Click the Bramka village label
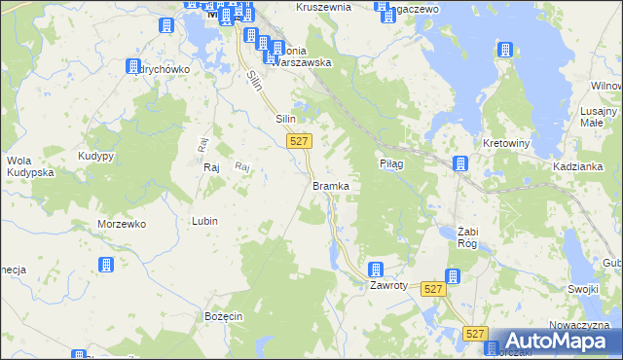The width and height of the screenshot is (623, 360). [331, 185]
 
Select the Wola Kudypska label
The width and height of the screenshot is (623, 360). [28, 166]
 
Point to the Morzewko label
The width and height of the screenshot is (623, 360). [122, 223]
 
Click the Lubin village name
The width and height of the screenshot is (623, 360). [204, 221]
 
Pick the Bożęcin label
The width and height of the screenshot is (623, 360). [223, 317]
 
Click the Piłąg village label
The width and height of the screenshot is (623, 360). [391, 164]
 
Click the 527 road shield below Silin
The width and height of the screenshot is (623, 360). [300, 142]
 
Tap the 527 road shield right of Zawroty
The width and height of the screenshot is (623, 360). [434, 289]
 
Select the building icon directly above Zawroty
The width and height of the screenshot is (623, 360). [376, 270]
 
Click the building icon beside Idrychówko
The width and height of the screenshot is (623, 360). [134, 66]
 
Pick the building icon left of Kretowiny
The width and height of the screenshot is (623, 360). [461, 162]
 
